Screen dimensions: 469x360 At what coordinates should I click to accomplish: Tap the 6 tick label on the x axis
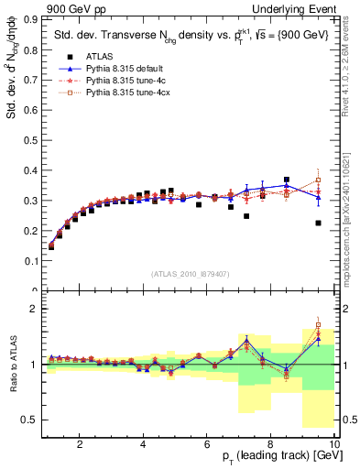pyautogui.click(x=207, y=444)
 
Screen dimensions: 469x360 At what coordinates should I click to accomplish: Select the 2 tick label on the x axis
pyautogui.click(x=80, y=444)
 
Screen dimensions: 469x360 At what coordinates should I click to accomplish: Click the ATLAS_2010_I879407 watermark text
pyautogui.click(x=191, y=273)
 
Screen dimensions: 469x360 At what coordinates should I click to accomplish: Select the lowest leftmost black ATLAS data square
pyautogui.click(x=51, y=246)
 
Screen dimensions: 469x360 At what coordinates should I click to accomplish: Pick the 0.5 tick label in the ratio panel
pyautogui.click(x=30, y=420)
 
